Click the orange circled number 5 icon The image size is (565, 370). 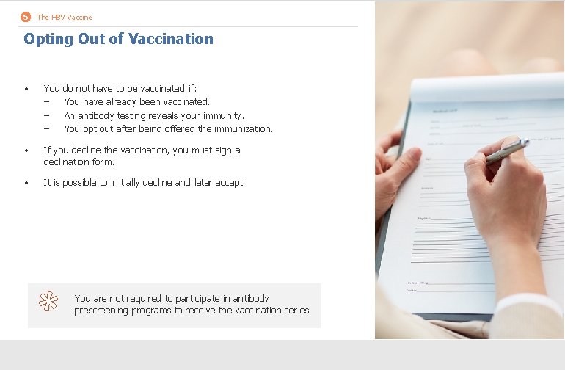tap(26, 17)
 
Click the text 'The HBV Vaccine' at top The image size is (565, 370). tap(65, 17)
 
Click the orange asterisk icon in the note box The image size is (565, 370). tap(48, 301)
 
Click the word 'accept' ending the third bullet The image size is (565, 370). tap(229, 182)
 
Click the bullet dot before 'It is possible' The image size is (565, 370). tap(26, 183)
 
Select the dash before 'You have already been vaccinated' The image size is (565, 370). tap(47, 102)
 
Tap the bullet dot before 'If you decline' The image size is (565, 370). tap(26, 150)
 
